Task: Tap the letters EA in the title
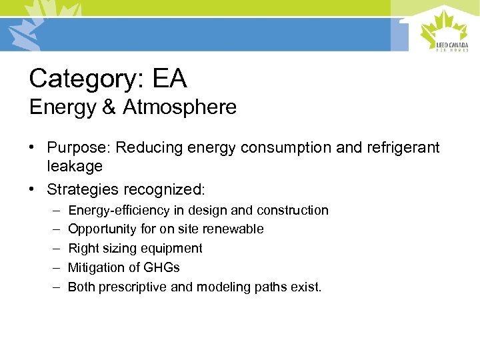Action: pyautogui.click(x=169, y=79)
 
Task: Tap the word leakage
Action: pyautogui.click(x=75, y=166)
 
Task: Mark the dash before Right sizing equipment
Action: pyautogui.click(x=54, y=248)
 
